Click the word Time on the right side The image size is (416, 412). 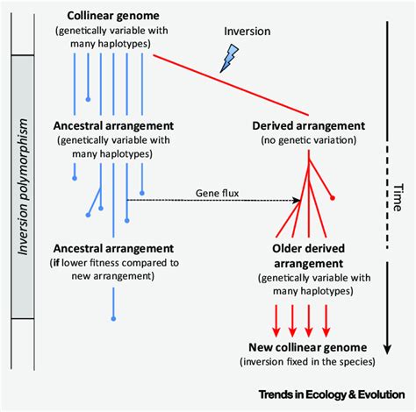(x=397, y=189)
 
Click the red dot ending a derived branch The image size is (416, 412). (x=333, y=199)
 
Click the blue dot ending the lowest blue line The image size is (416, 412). (x=112, y=317)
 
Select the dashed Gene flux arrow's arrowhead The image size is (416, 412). (x=298, y=200)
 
